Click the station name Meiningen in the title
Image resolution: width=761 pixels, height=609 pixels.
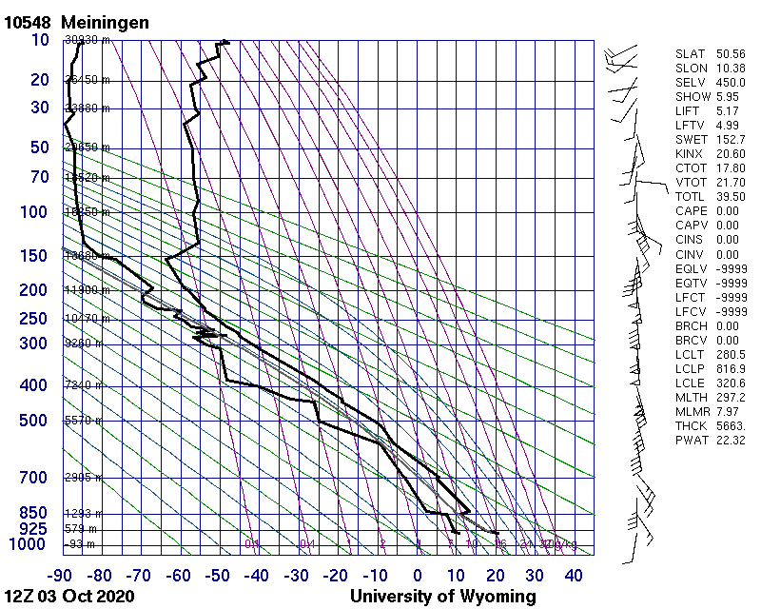(105, 22)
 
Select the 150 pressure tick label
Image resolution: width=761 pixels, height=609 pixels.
(34, 256)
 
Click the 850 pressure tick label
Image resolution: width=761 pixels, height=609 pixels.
(34, 513)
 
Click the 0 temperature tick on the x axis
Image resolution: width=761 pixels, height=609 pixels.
(418, 575)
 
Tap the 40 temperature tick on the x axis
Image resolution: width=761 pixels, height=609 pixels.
(574, 575)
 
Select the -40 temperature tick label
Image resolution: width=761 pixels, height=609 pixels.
(258, 575)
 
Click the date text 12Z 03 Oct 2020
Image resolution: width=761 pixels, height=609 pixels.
(69, 597)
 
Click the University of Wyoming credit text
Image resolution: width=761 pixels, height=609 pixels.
(443, 597)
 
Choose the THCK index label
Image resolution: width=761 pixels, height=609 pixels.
(691, 425)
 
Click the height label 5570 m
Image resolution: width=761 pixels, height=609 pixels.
(83, 421)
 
